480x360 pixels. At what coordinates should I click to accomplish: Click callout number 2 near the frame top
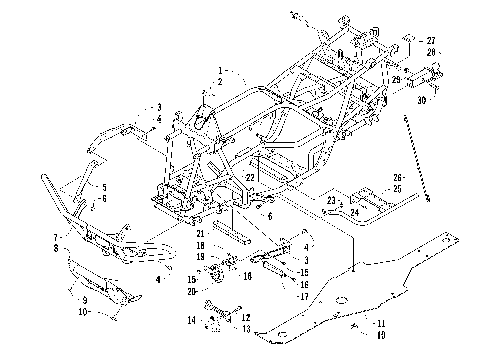click(x=220, y=81)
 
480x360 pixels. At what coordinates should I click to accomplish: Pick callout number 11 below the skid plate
click(x=381, y=322)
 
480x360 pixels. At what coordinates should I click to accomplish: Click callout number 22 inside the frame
click(x=252, y=176)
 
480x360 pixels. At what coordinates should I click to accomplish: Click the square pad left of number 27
click(x=409, y=42)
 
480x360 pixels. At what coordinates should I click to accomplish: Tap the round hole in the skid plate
click(x=341, y=298)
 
